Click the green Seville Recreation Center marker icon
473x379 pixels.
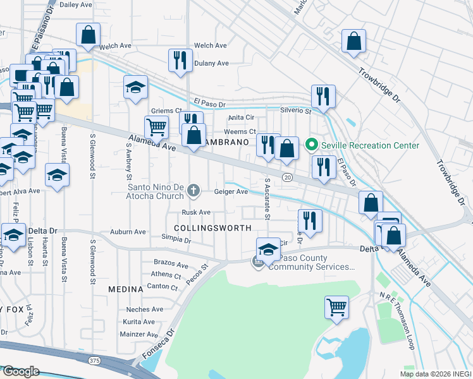pyautogui.click(x=311, y=145)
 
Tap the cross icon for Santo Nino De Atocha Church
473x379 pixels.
pyautogui.click(x=195, y=189)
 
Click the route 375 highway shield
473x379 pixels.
pyautogui.click(x=94, y=360)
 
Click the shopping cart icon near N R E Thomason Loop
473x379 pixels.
pyautogui.click(x=337, y=307)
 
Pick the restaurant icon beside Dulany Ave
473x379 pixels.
pyautogui.click(x=180, y=60)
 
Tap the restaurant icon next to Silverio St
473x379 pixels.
pyautogui.click(x=323, y=96)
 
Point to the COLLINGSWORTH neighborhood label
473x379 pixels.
pyautogui.click(x=212, y=227)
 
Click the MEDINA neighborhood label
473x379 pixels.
pyautogui.click(x=125, y=289)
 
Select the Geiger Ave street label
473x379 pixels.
pyautogui.click(x=231, y=192)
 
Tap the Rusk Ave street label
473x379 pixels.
pyautogui.click(x=196, y=213)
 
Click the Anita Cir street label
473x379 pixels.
pyautogui.click(x=241, y=117)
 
